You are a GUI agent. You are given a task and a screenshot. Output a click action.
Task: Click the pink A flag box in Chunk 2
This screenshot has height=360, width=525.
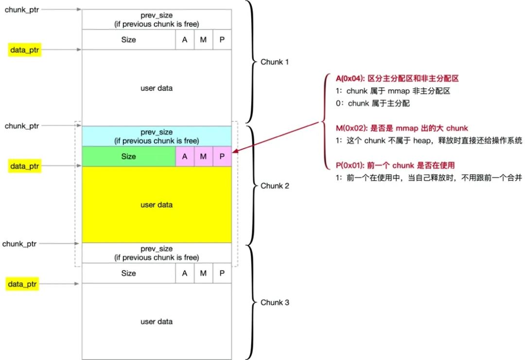click(185, 157)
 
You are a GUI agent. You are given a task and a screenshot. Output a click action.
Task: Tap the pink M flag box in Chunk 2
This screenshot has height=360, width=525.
click(203, 157)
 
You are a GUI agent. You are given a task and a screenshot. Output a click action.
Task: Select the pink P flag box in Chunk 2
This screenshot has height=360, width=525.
click(222, 157)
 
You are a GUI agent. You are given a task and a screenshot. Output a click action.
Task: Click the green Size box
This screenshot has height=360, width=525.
click(129, 157)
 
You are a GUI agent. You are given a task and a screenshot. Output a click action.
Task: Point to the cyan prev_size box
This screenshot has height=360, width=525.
click(157, 136)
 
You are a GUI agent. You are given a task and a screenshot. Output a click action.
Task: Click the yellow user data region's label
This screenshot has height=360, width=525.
click(157, 205)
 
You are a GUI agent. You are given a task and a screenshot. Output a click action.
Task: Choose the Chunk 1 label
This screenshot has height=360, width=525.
click(275, 62)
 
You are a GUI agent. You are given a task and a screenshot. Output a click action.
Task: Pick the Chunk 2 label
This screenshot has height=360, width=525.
click(275, 186)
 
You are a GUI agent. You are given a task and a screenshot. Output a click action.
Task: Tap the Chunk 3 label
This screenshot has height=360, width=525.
click(275, 303)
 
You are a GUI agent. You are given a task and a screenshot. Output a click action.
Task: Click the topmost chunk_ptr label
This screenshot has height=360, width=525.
click(22, 10)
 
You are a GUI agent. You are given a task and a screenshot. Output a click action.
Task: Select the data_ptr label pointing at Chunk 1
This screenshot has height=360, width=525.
click(25, 50)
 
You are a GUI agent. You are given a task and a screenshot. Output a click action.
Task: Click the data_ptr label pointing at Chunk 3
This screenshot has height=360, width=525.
click(22, 284)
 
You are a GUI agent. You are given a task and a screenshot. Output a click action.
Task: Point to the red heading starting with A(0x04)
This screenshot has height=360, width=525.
click(397, 78)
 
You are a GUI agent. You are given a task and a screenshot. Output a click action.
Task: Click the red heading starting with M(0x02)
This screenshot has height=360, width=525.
click(402, 128)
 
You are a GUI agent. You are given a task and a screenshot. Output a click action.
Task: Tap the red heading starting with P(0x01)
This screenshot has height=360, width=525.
click(395, 165)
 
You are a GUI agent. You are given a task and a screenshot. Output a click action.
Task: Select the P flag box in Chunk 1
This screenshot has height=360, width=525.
click(222, 39)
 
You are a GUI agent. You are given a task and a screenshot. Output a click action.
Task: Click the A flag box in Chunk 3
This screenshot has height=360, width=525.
click(185, 273)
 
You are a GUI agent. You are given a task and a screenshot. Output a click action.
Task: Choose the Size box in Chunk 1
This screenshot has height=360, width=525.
click(129, 39)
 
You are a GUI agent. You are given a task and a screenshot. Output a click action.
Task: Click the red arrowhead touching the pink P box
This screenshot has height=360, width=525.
click(235, 151)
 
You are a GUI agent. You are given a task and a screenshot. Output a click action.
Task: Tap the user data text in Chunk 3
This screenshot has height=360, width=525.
click(157, 322)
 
